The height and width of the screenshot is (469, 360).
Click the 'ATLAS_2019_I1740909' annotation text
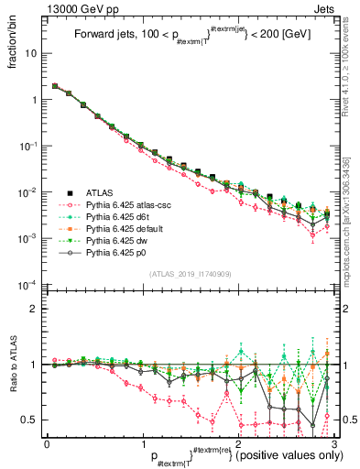click(189, 275)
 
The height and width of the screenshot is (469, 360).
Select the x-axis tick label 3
click(331, 443)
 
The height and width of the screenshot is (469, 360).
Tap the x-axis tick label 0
click(46, 443)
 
